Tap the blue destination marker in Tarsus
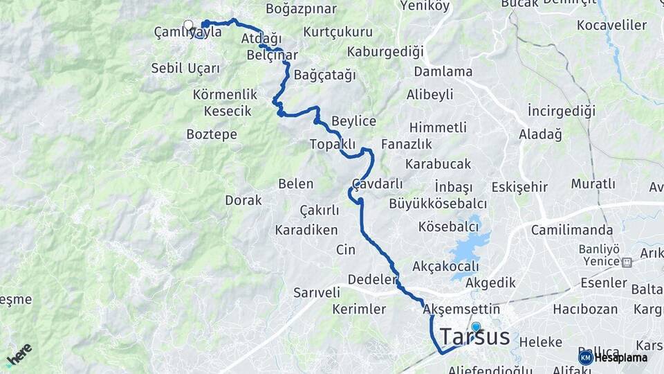tap(476, 327)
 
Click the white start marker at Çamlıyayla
tap(188, 25)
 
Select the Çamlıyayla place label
tap(187, 32)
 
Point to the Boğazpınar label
tap(301, 9)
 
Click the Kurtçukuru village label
tap(338, 32)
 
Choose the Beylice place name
tap(353, 121)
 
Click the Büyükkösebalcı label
tap(438, 204)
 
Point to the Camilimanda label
tap(572, 230)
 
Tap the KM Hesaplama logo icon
tap(586, 357)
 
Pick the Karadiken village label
tap(306, 230)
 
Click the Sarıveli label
tap(317, 292)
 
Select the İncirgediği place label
tap(561, 111)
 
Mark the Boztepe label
tap(212, 134)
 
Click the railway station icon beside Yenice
tap(627, 262)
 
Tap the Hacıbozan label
tap(585, 309)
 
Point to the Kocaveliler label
tap(611, 26)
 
